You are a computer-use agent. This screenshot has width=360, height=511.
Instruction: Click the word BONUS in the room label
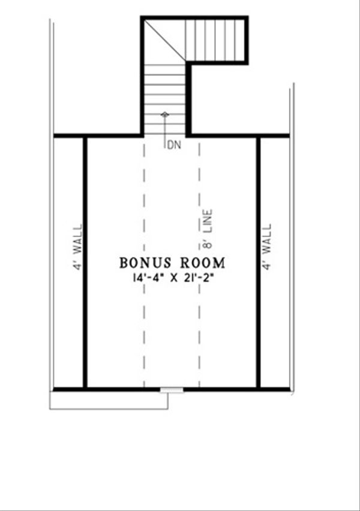click(x=142, y=262)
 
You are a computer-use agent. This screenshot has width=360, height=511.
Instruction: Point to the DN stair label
click(x=173, y=145)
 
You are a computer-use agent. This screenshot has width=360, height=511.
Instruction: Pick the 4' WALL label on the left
click(x=77, y=247)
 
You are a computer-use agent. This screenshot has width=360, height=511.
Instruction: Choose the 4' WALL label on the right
click(x=267, y=247)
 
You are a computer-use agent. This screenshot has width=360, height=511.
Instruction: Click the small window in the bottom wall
click(x=172, y=390)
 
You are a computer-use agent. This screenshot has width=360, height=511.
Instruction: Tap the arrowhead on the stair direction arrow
click(x=165, y=113)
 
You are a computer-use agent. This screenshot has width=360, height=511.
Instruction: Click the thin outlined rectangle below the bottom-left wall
click(x=108, y=401)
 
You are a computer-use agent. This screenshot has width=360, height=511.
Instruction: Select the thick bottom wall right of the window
click(x=234, y=389)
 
